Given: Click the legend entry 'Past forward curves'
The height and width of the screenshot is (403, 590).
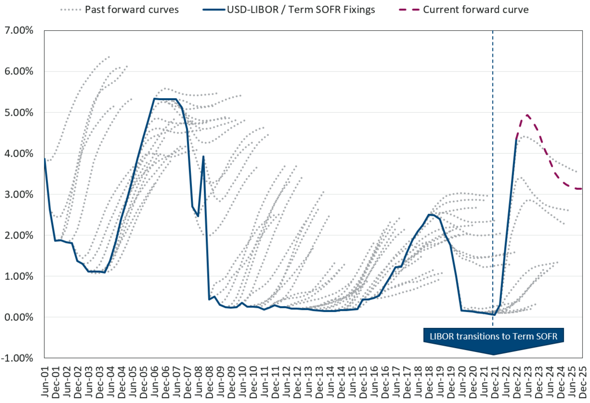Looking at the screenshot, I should pyautogui.click(x=132, y=10).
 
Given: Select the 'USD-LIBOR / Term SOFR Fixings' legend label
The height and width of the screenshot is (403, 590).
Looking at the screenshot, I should pyautogui.click(x=301, y=10).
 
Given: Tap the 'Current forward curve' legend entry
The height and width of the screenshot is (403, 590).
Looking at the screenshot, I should pyautogui.click(x=476, y=10).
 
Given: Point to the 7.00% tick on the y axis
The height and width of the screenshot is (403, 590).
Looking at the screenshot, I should pyautogui.click(x=19, y=30).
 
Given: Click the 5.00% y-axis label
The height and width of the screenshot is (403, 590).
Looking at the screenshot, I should pyautogui.click(x=19, y=113).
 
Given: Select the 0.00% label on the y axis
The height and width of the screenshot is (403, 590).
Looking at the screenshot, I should pyautogui.click(x=19, y=317).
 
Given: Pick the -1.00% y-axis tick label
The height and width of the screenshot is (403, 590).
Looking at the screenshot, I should pyautogui.click(x=17, y=358).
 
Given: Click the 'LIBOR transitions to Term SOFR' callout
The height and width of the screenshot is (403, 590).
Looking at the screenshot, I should pyautogui.click(x=493, y=336).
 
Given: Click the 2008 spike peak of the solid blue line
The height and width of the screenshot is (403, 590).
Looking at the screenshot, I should pyautogui.click(x=203, y=156).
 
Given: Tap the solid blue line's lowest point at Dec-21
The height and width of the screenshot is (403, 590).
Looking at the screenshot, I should pyautogui.click(x=494, y=315).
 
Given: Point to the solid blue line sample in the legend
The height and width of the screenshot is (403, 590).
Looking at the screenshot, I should pyautogui.click(x=214, y=10).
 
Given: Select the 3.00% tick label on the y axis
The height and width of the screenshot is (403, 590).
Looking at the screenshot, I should pyautogui.click(x=19, y=194).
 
